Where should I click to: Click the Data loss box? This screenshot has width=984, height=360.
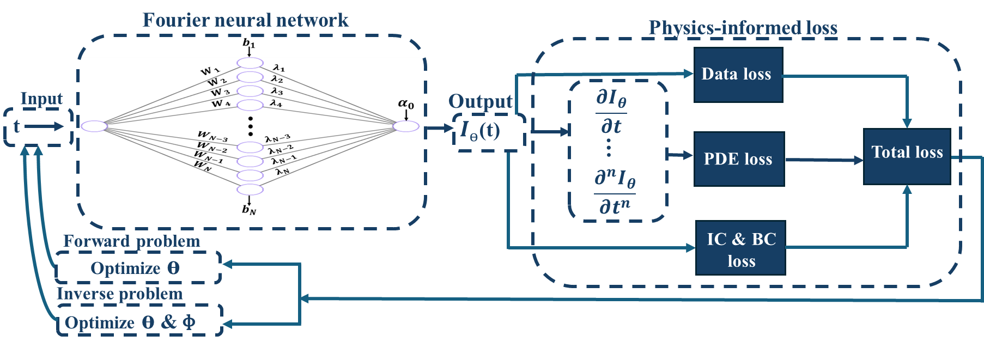pyautogui.click(x=738, y=75)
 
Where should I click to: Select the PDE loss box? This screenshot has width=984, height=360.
pyautogui.click(x=739, y=159)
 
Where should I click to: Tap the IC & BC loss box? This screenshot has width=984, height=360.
pyautogui.click(x=740, y=248)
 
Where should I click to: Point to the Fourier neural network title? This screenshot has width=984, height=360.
pyautogui.click(x=245, y=21)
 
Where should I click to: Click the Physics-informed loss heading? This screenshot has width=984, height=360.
pyautogui.click(x=743, y=28)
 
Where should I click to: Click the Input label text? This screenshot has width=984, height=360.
pyautogui.click(x=41, y=99)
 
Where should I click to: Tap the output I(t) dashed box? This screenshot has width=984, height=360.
pyautogui.click(x=489, y=131)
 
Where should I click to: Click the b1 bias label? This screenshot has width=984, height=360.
pyautogui.click(x=248, y=43)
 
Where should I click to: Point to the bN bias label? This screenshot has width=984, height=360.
pyautogui.click(x=249, y=210)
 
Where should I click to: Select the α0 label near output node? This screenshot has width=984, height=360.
pyautogui.click(x=406, y=104)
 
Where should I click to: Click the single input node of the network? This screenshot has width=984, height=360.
pyautogui.click(x=94, y=126)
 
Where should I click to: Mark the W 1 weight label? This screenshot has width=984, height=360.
pyautogui.click(x=210, y=71)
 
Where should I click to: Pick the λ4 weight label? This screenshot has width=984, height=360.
pyautogui.click(x=276, y=103)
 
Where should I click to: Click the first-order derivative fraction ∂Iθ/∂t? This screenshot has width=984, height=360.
pyautogui.click(x=611, y=112)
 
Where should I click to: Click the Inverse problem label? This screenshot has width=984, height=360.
pyautogui.click(x=120, y=294)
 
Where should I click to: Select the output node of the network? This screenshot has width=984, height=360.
pyautogui.click(x=406, y=126)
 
